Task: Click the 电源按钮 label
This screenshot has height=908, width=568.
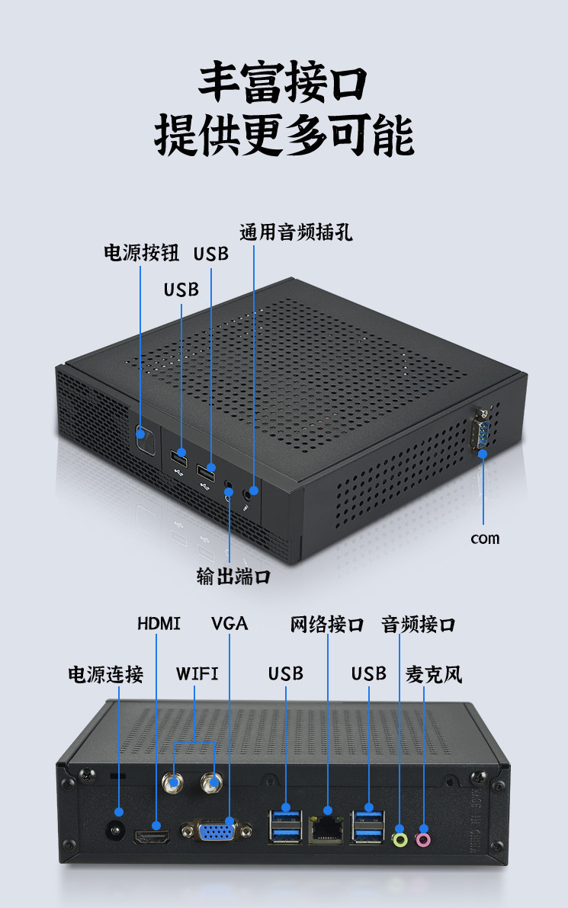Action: pyautogui.click(x=141, y=253)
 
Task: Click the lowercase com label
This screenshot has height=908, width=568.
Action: pyautogui.click(x=485, y=539)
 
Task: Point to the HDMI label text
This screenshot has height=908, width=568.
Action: pyautogui.click(x=159, y=624)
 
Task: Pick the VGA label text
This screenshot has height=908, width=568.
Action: pyautogui.click(x=229, y=624)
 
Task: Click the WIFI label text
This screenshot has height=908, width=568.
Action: pyautogui.click(x=197, y=673)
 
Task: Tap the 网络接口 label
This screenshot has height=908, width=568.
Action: pyautogui.click(x=327, y=625)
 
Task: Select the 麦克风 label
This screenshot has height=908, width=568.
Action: pyautogui.click(x=434, y=674)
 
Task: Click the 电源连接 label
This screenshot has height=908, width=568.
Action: pyautogui.click(x=106, y=674)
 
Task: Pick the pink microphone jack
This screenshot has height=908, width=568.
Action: pyautogui.click(x=423, y=839)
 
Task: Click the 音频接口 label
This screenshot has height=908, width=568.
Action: pyautogui.click(x=418, y=625)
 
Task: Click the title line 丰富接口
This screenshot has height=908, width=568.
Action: pyautogui.click(x=284, y=84)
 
